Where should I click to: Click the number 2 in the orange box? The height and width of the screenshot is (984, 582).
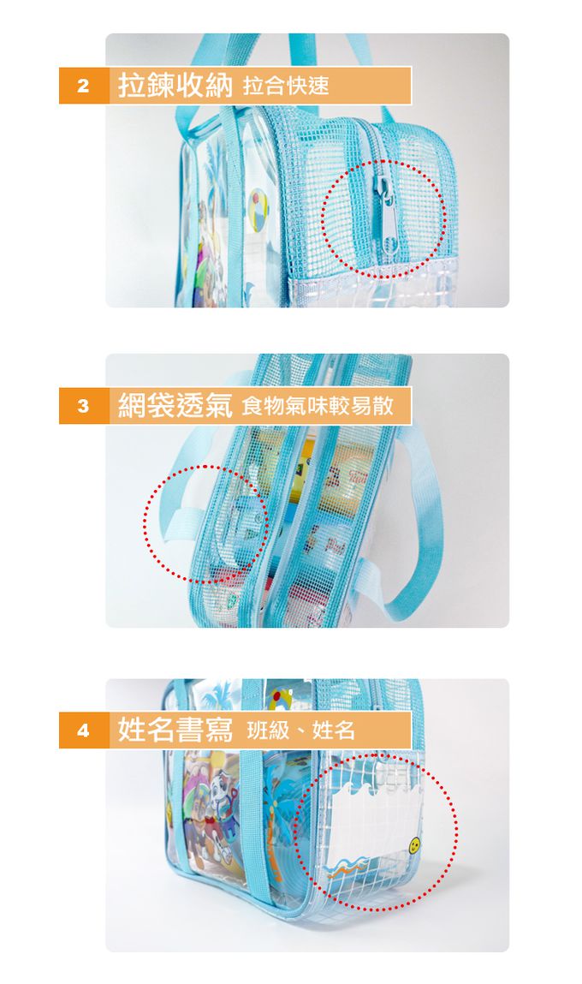coord(83,86)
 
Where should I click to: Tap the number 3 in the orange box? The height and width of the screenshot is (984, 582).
coord(83,406)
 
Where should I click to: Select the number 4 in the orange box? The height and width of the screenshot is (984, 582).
coord(83,731)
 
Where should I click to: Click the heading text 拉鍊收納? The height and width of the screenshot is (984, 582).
coord(175,86)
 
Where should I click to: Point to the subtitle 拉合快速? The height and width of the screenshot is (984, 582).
coord(286,86)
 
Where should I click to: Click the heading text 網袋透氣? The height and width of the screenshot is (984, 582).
coord(175,405)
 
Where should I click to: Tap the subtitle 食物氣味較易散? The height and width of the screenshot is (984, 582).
coord(318,406)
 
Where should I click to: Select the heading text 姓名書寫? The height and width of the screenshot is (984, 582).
coord(175,730)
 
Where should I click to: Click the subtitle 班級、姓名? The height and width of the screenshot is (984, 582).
coord(301,731)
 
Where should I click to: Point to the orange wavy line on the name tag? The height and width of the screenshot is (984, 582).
coord(346,868)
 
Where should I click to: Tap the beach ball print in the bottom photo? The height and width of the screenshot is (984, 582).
coord(281,699)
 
